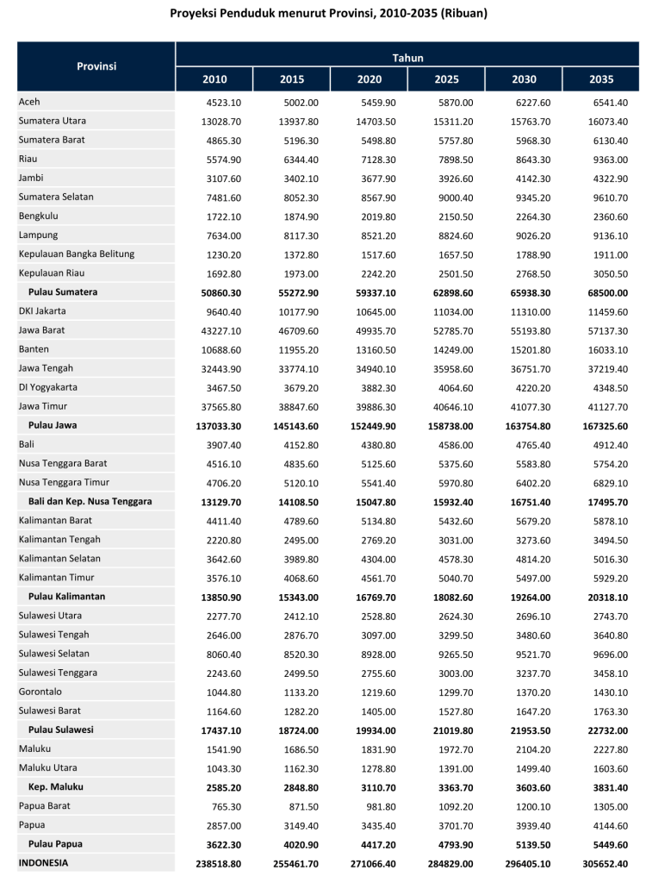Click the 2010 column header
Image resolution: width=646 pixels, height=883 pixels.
(214, 79)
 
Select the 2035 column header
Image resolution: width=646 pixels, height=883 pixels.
(601, 79)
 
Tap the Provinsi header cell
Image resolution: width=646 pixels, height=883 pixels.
(96, 66)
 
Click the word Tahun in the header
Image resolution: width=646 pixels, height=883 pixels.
(407, 57)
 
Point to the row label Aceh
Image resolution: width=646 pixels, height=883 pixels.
(29, 102)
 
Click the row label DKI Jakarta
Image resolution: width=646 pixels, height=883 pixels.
(42, 310)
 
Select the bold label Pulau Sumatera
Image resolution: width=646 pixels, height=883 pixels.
(63, 291)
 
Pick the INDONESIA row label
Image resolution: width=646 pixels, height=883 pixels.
(43, 861)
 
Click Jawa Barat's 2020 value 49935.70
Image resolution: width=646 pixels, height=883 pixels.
(377, 330)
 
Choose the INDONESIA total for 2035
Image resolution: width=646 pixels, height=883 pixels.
(603, 862)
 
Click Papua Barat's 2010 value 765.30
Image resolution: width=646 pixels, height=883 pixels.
(226, 805)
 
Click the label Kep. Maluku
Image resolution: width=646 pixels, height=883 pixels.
(56, 786)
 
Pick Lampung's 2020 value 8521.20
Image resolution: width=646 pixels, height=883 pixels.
(379, 235)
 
